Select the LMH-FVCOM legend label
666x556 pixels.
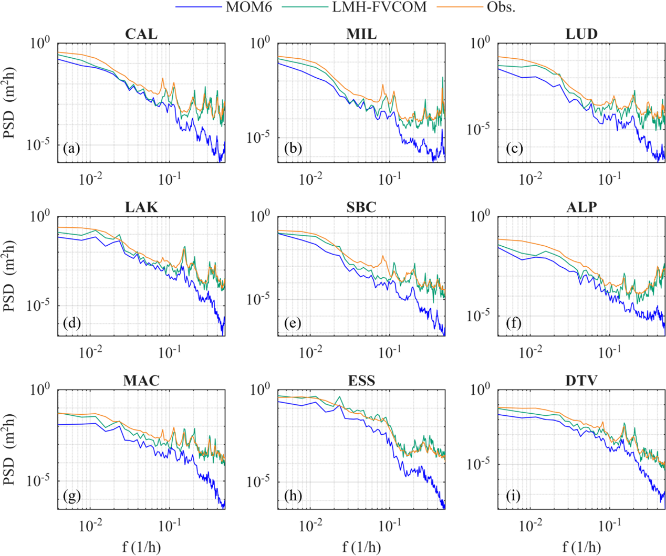click(x=379, y=7)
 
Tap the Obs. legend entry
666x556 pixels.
click(x=501, y=7)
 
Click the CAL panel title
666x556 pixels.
click(x=141, y=34)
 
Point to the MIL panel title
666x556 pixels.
click(x=361, y=34)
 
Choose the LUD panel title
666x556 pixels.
click(x=581, y=34)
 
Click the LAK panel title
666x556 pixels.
click(x=141, y=207)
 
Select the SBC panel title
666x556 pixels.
click(x=361, y=207)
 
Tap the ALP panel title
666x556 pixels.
click(x=581, y=207)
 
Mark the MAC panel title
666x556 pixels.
click(x=141, y=381)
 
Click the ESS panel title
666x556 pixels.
click(x=361, y=381)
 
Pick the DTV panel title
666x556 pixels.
click(x=581, y=381)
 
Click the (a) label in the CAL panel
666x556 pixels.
click(x=71, y=149)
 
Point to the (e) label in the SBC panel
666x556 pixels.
click(x=293, y=323)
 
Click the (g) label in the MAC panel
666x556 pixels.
click(x=72, y=496)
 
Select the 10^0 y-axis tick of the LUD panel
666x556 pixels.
click(x=480, y=43)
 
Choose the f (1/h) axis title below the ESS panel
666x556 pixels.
click(x=361, y=547)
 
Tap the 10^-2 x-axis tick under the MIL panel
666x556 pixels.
click(x=310, y=179)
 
